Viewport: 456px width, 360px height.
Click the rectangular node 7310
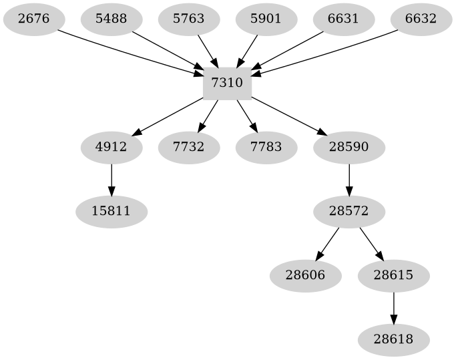[227, 83]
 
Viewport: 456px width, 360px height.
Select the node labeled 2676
[33, 19]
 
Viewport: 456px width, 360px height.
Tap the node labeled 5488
[111, 19]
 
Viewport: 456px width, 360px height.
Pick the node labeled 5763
[188, 19]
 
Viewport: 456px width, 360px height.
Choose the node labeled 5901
[266, 19]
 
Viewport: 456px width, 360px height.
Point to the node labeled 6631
[343, 19]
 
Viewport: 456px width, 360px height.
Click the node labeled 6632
[421, 19]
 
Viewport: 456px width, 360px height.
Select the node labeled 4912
[111, 147]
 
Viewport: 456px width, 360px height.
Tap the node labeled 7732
[188, 147]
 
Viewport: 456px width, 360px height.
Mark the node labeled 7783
[266, 147]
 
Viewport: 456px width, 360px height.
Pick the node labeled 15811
[111, 211]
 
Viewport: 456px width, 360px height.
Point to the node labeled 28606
[306, 275]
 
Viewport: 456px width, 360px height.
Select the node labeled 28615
[393, 275]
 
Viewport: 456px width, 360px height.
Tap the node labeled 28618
[393, 339]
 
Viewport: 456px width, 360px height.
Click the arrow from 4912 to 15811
[111, 179]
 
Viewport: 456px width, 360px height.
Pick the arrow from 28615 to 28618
[393, 307]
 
